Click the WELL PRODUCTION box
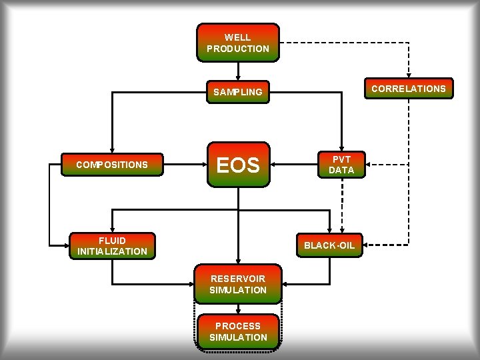[238, 43]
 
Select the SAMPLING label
[238, 92]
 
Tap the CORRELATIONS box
[408, 89]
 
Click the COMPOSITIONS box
[112, 165]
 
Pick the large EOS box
[238, 165]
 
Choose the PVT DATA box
[341, 165]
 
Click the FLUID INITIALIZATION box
[112, 245]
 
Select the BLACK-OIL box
[329, 245]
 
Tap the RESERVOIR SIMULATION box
[238, 285]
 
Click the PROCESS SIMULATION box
[238, 331]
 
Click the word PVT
[341, 159]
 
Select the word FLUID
[112, 240]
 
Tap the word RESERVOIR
[238, 279]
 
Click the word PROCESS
[238, 326]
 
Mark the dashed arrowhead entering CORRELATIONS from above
[409, 74]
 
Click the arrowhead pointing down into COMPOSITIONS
[112, 151]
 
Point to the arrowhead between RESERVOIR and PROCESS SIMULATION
[238, 310]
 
